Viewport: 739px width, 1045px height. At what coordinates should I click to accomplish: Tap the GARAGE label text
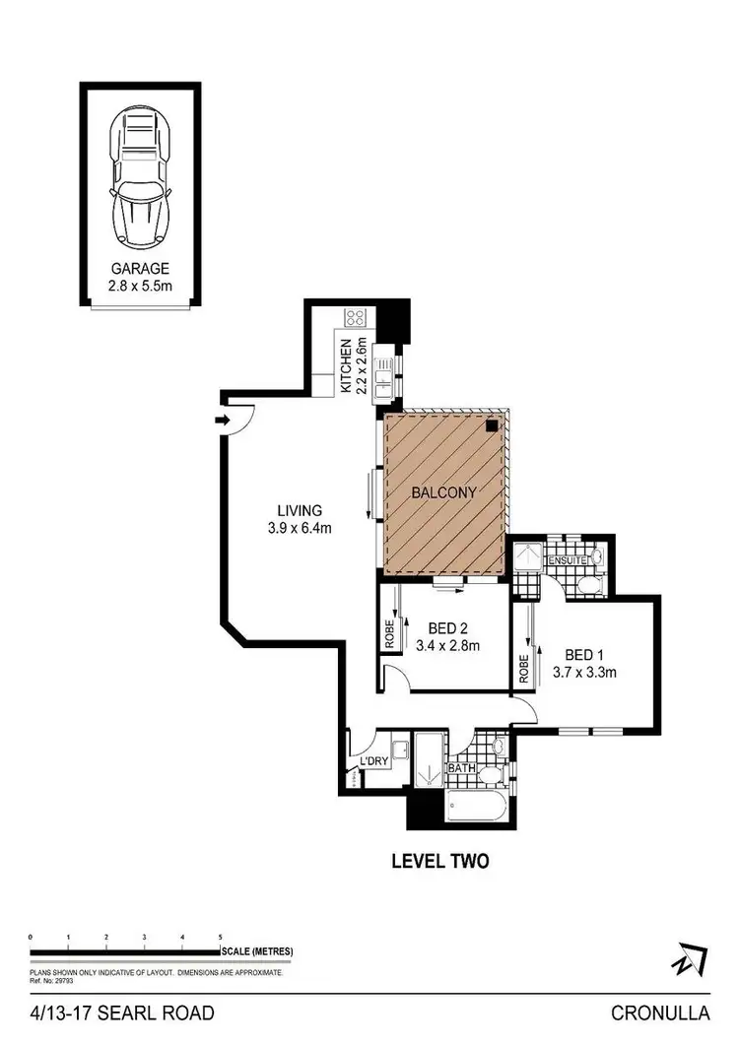[140, 267]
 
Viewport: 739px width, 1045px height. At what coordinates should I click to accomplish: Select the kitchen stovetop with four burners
[355, 318]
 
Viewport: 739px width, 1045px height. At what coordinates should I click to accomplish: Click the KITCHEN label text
[346, 365]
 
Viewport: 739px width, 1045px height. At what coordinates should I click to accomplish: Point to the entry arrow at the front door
[223, 422]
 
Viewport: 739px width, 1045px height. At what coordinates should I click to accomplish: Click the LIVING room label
[300, 510]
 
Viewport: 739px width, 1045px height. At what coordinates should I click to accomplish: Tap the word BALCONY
[444, 492]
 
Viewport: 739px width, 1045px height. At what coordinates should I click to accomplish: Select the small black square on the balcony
[492, 425]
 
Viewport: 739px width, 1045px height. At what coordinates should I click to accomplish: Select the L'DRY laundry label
[373, 761]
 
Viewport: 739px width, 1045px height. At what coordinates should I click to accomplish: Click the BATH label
[463, 768]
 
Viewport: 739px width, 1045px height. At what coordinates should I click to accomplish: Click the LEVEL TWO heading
[439, 861]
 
